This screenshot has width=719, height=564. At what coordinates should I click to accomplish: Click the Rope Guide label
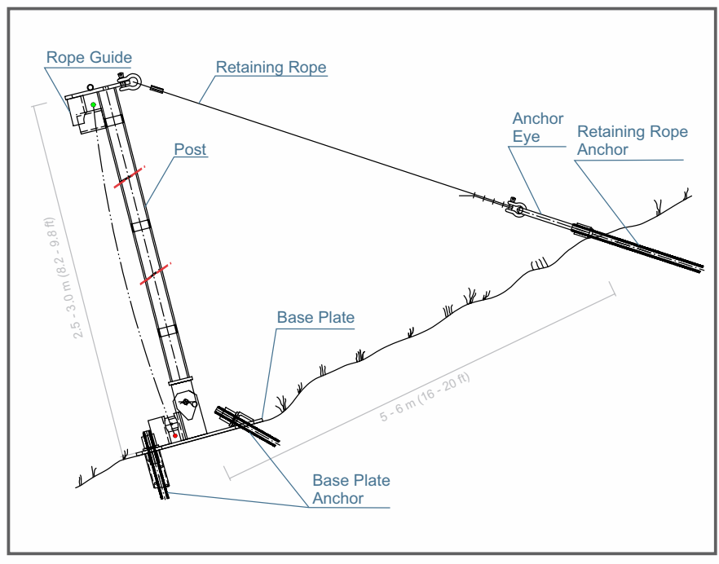pos(89,58)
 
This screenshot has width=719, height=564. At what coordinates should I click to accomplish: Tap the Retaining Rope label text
pos(271,68)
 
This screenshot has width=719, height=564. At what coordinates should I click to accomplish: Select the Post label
pos(190,150)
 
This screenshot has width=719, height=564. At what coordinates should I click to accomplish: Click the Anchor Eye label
pos(537,127)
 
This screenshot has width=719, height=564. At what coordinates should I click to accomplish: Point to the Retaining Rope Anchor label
pos(632,140)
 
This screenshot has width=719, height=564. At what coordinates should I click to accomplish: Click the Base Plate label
pos(315,317)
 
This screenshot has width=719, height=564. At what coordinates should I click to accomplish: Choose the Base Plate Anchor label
pos(351,489)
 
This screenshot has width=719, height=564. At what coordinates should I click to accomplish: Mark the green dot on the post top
pos(94,105)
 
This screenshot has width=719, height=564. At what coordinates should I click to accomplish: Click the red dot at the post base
pos(175,435)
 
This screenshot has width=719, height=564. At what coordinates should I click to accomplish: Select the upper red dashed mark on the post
pos(130,178)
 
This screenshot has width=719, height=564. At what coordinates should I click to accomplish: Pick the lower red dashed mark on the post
pos(156,273)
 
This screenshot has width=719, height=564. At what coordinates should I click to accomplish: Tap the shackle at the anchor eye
pos(515,209)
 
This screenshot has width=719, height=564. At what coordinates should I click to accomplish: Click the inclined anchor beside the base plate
pos(248,425)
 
